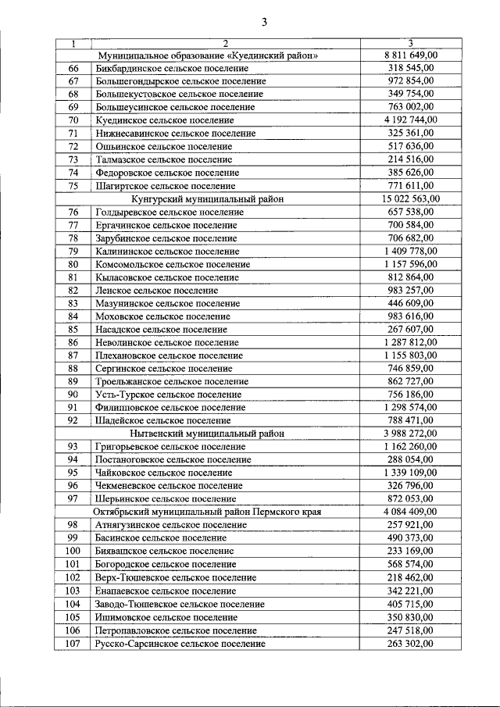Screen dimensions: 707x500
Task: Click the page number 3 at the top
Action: pos(264,22)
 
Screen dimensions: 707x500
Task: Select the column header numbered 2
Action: pos(224,44)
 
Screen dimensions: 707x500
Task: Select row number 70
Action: pos(73,120)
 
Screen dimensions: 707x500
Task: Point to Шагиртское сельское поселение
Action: pos(165,186)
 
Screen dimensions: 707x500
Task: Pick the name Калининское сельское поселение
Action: pos(167,252)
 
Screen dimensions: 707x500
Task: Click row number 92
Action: pos(73,420)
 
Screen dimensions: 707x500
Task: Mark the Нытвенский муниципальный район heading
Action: pos(208,434)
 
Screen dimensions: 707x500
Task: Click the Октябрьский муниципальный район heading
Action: pos(208,512)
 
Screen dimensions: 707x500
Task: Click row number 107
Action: pos(73,644)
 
